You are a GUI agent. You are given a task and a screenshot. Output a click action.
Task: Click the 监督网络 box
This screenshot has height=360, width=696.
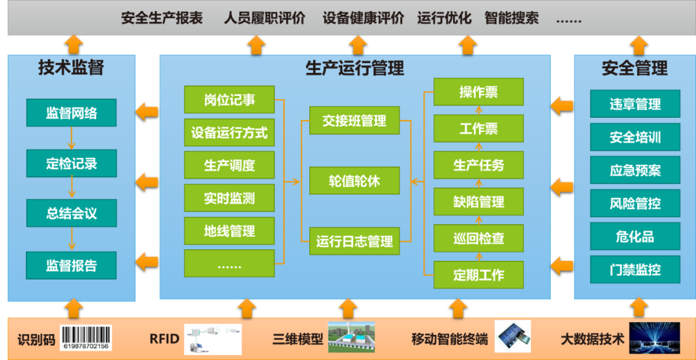tap(72, 113)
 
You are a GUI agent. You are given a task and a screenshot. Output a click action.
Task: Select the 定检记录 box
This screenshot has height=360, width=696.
tap(72, 164)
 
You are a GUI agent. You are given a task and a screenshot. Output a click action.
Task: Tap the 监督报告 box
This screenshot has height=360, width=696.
tap(72, 265)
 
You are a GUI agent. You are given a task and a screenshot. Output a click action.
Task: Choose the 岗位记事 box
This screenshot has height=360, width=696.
tap(229, 100)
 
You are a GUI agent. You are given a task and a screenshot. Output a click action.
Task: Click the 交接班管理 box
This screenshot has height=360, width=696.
tap(354, 120)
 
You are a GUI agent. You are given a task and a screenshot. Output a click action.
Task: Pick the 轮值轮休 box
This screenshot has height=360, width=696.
tap(354, 181)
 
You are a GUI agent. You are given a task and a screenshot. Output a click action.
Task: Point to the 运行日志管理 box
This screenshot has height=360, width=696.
tap(354, 242)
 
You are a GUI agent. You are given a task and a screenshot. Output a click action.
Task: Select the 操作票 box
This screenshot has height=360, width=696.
tap(478, 92)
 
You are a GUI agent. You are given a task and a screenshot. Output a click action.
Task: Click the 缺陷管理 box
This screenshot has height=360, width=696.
tap(478, 202)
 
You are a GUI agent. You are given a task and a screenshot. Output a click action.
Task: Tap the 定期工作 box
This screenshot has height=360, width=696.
tap(478, 275)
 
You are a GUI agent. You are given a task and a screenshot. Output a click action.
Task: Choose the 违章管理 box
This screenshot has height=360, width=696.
tap(635, 104)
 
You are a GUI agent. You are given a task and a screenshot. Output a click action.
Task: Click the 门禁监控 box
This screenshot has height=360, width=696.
tap(635, 270)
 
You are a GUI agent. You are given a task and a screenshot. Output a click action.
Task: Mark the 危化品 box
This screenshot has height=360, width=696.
tap(635, 236)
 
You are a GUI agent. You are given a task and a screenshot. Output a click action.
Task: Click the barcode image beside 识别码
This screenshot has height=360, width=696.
tap(86, 337)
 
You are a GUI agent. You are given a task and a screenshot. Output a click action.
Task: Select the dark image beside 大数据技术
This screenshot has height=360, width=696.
tap(654, 338)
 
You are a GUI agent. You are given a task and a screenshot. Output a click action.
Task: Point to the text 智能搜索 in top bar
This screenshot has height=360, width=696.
tap(511, 18)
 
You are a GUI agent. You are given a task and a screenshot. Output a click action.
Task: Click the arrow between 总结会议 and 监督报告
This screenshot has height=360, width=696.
tap(72, 238)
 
